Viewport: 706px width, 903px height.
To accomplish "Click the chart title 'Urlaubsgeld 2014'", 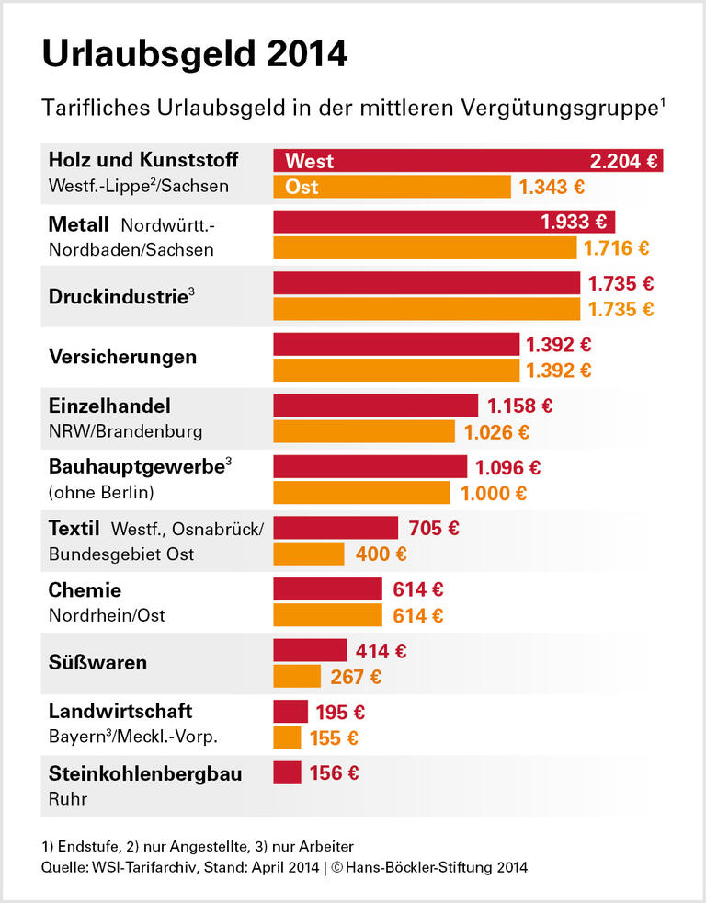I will pyautogui.click(x=195, y=54).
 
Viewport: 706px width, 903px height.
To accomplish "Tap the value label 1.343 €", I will pyautogui.click(x=552, y=187).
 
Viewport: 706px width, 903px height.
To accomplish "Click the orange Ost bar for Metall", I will pyautogui.click(x=425, y=248).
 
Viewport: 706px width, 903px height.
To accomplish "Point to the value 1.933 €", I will pyautogui.click(x=573, y=222).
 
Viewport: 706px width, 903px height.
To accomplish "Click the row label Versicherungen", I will pyautogui.click(x=122, y=357).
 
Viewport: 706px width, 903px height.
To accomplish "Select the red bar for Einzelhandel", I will pyautogui.click(x=375, y=406).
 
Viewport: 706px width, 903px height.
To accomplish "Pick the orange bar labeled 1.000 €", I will pyautogui.click(x=361, y=493).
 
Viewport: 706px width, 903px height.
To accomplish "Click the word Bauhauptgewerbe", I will pyautogui.click(x=136, y=466).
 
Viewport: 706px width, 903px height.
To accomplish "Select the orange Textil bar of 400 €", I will pyautogui.click(x=309, y=554).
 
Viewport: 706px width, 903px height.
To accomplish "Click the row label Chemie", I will pyautogui.click(x=85, y=589).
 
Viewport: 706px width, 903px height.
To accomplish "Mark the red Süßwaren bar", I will pyautogui.click(x=310, y=651).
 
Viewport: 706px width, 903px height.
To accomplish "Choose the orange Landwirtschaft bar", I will pyautogui.click(x=287, y=737).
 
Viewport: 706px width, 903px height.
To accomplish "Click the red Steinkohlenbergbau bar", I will pyautogui.click(x=287, y=772).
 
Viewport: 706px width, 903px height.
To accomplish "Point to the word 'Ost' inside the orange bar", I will pyautogui.click(x=302, y=187).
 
